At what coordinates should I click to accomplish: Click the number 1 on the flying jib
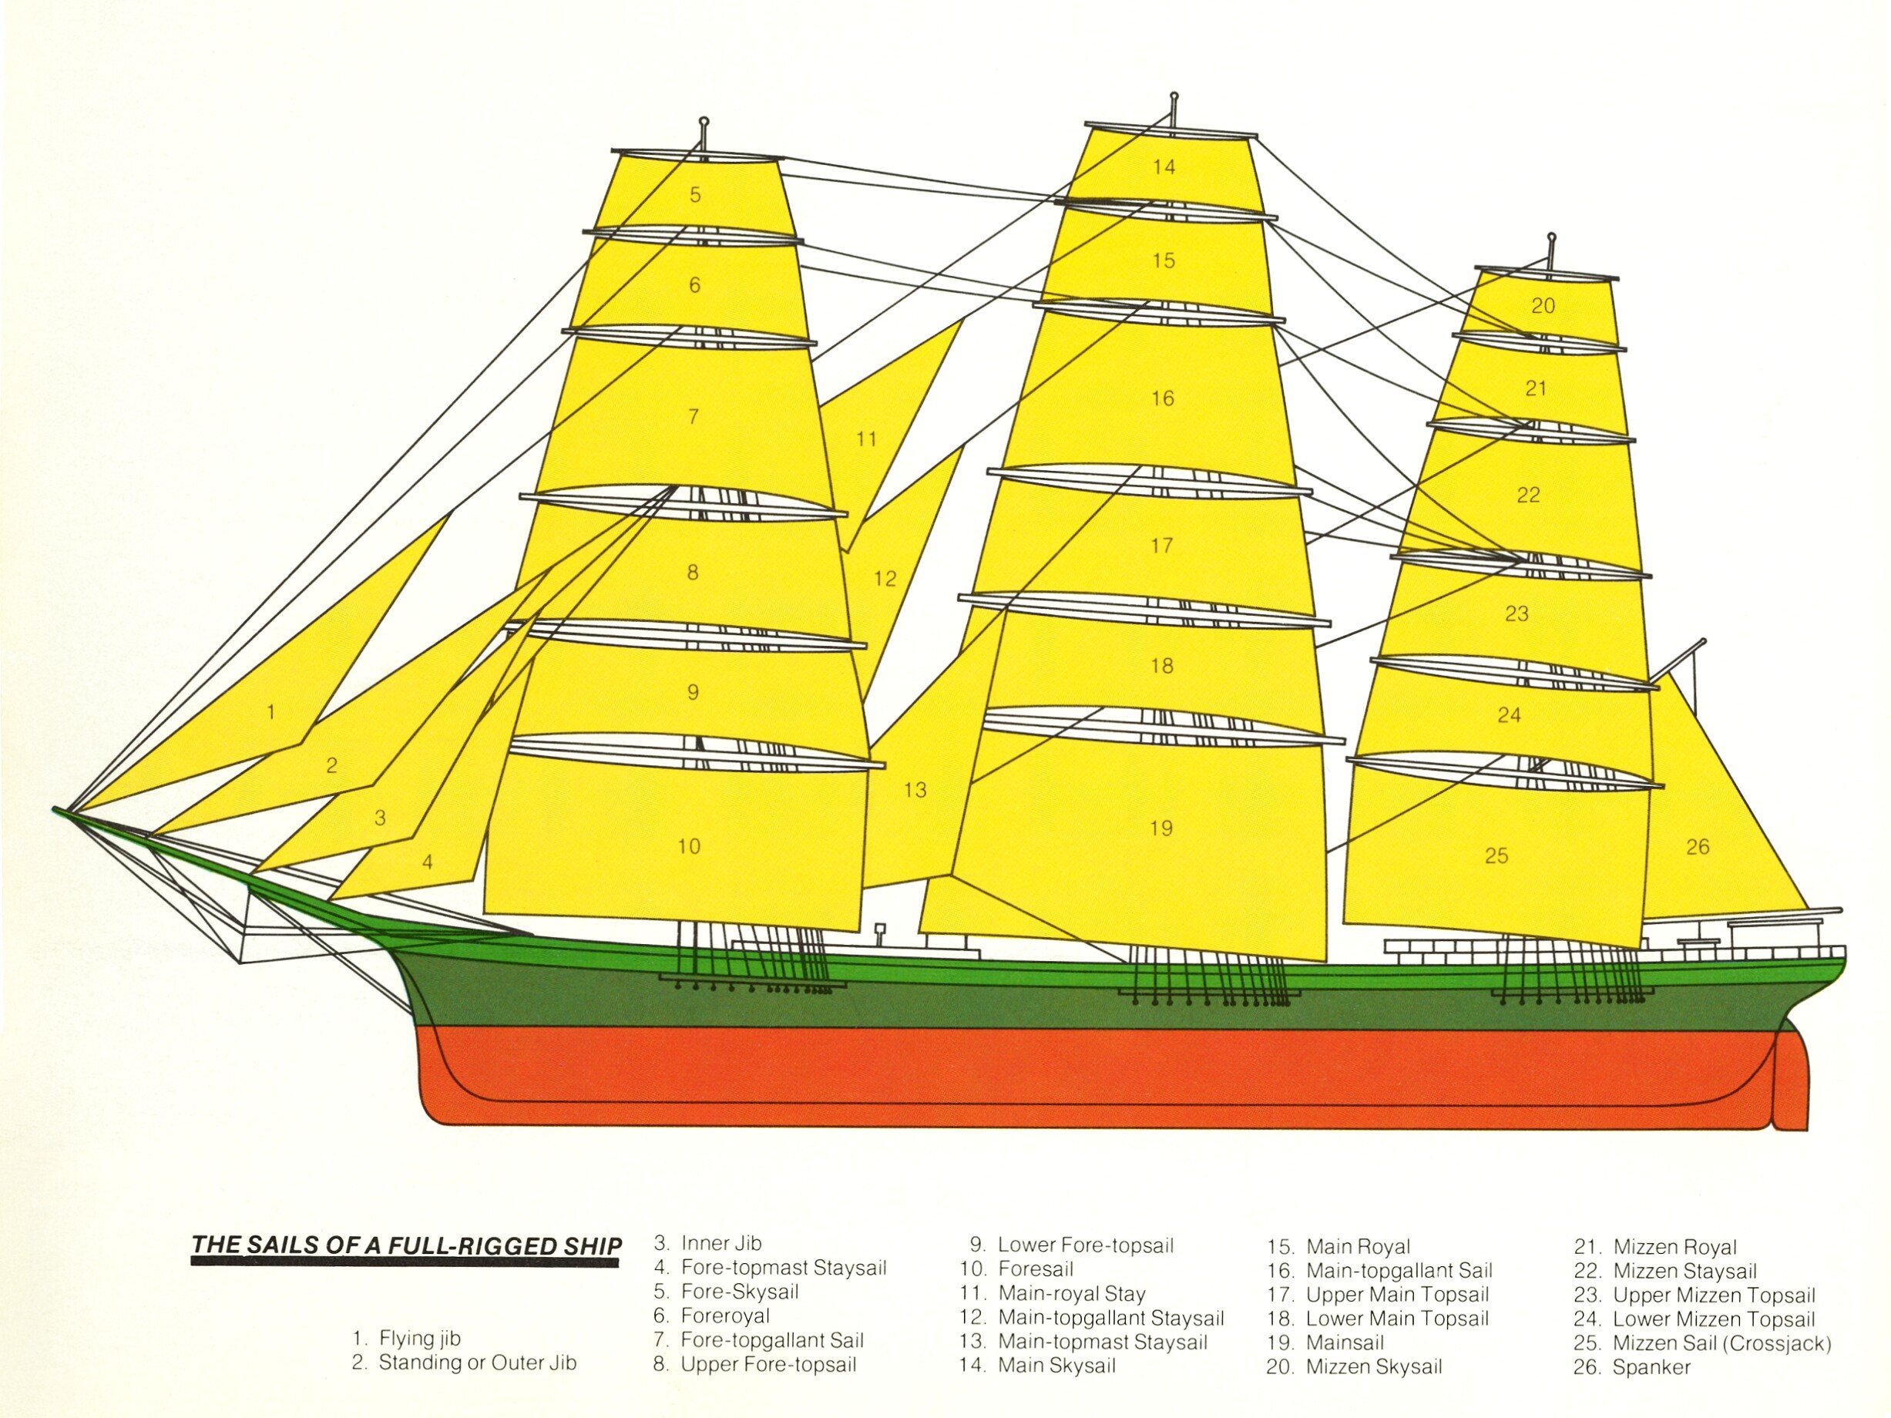click(x=271, y=711)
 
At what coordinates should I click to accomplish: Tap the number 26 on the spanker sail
click(x=1698, y=846)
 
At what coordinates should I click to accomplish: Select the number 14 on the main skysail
click(x=1164, y=166)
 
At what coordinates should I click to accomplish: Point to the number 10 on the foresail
click(x=689, y=846)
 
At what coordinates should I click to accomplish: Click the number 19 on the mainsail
click(x=1161, y=828)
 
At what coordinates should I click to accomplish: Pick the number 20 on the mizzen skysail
click(x=1543, y=305)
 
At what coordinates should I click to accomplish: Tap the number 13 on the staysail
click(x=915, y=790)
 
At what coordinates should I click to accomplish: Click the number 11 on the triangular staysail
click(x=867, y=439)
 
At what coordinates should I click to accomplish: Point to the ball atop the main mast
click(x=1174, y=96)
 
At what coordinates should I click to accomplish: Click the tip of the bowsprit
click(x=55, y=808)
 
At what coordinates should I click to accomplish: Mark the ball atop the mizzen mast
click(x=1552, y=236)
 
